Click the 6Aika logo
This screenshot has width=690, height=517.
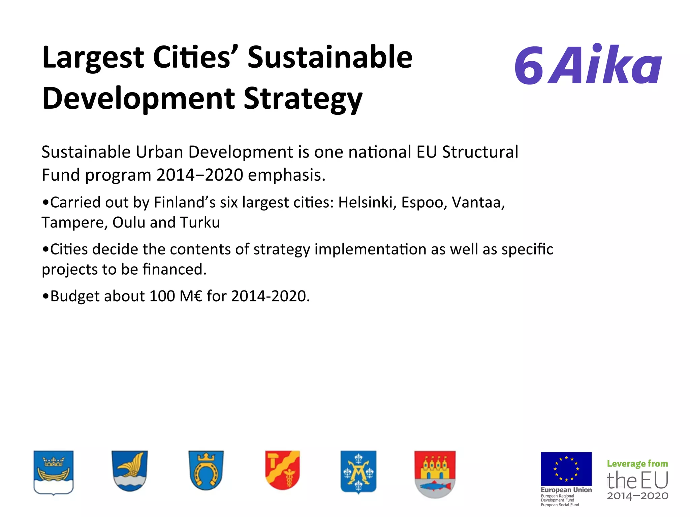(588, 65)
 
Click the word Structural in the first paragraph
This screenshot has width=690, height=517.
(480, 152)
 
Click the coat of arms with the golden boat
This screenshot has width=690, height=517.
(54, 472)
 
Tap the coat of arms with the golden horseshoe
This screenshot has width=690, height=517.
(206, 471)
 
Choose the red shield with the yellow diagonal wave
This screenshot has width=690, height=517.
(282, 470)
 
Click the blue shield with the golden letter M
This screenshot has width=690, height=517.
(358, 471)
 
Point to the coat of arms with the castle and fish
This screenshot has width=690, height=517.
(435, 473)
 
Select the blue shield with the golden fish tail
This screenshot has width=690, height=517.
(130, 471)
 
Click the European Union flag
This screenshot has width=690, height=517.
(566, 469)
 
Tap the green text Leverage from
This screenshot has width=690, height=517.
(637, 464)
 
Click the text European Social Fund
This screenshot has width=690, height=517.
(560, 505)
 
